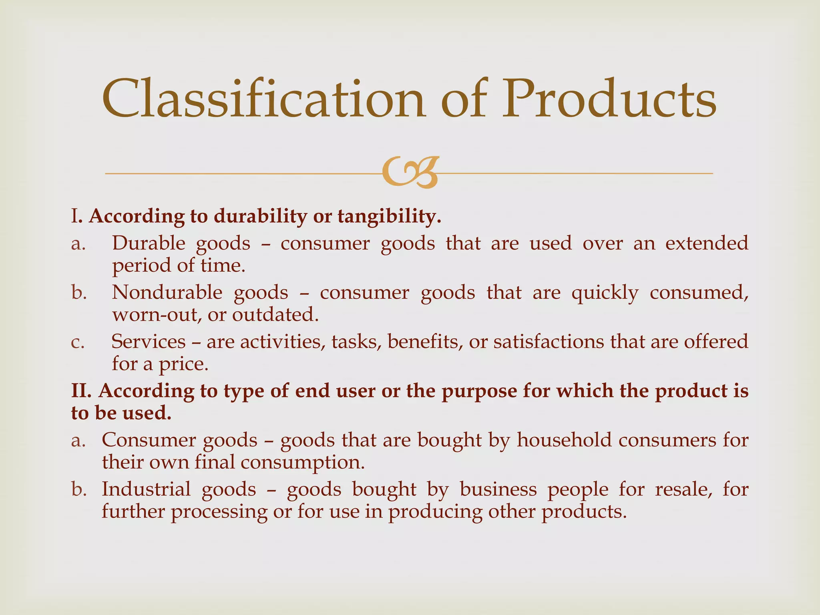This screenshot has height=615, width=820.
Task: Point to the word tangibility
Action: pyautogui.click(x=389, y=217)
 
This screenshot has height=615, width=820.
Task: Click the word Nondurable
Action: pyautogui.click(x=167, y=293)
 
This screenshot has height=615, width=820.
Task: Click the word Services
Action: pyautogui.click(x=149, y=342)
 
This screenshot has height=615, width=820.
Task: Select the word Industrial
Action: pyautogui.click(x=146, y=489)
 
